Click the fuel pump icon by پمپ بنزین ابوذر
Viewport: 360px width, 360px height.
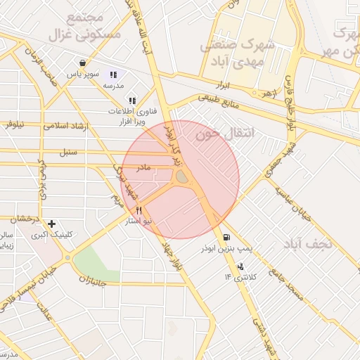point(226,237)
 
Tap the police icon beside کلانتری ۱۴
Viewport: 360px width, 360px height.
point(241,266)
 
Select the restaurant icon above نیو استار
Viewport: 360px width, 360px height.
point(139,210)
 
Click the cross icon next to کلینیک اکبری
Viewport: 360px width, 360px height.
point(51,224)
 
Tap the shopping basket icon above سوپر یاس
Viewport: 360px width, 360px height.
point(83,62)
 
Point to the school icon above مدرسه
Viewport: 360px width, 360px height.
point(113,75)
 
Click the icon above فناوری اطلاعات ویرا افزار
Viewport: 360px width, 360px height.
point(132,101)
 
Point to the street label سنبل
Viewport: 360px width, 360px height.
point(67,151)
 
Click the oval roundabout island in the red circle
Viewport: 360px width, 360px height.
point(182,178)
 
